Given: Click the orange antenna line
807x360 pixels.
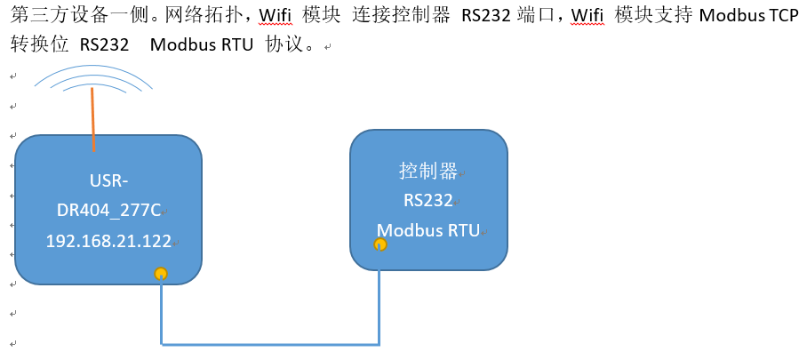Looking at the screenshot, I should [x=92, y=120].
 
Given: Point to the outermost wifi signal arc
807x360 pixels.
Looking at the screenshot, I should [x=93, y=68].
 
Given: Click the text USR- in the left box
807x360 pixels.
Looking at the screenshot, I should [x=108, y=181].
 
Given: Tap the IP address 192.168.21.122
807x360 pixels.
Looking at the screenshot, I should [x=108, y=241].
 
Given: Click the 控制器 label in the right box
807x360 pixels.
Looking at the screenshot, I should [x=427, y=170].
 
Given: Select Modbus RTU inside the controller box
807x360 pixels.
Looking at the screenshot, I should [x=427, y=230].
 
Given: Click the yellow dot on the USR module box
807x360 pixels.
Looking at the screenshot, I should [x=161, y=274].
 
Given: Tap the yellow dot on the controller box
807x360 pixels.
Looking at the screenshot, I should [x=380, y=244].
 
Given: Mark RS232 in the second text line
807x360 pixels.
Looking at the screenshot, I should [x=103, y=45].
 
